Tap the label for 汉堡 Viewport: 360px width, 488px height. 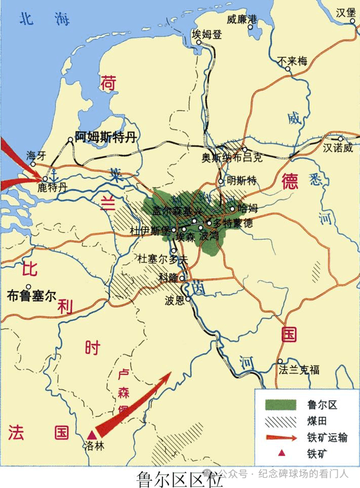tap(346, 13)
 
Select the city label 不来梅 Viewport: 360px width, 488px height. tap(293, 62)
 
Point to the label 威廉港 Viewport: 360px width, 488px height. tap(242, 19)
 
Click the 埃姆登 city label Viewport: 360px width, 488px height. tap(207, 34)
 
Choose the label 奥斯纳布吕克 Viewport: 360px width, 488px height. tap(232, 158)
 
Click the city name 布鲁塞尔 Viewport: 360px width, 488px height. tap(31, 295)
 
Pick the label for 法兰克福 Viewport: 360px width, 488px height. tap(299, 370)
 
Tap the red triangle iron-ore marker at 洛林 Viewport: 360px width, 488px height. tap(92, 435)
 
